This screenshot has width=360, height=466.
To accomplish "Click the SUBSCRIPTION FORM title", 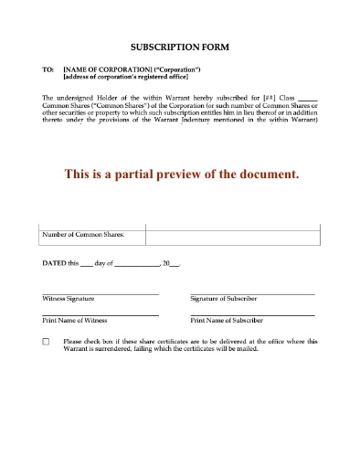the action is point(180,46).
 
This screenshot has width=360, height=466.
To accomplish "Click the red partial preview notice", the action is point(179,175).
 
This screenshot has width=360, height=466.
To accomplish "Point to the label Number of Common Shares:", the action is point(83,236).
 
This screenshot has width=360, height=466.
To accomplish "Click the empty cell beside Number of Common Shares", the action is point(232,236).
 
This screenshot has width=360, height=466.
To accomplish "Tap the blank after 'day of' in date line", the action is point(138,265).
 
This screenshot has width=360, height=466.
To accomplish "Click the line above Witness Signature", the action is point(101,293).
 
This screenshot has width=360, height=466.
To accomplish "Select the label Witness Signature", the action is point(69,300).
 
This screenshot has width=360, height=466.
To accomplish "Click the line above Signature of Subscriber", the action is point(252,293).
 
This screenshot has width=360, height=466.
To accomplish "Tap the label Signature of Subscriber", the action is point(223,300).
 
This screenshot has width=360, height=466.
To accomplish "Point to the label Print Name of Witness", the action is point(73,322).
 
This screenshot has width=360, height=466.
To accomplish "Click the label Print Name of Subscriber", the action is point(227,322).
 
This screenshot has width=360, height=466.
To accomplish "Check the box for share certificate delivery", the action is point(47,343).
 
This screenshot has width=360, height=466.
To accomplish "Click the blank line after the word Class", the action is point(309,97).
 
